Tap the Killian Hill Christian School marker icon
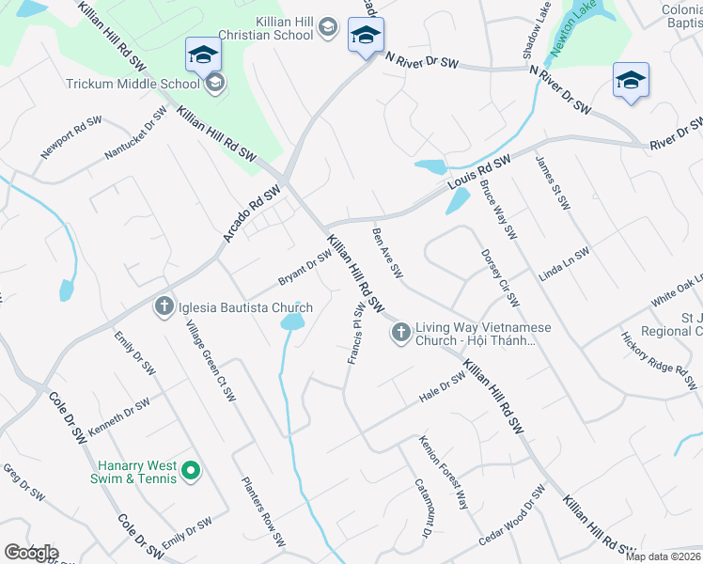pos(327,28)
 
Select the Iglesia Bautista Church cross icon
pos(164,306)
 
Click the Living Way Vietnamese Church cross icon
pos(400,332)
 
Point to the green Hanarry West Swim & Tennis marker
pos(191,471)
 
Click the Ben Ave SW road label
pos(387,253)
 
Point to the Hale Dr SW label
pos(443,388)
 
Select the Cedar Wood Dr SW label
pos(511,515)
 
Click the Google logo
pos(30,553)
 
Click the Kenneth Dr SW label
pos(118,417)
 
